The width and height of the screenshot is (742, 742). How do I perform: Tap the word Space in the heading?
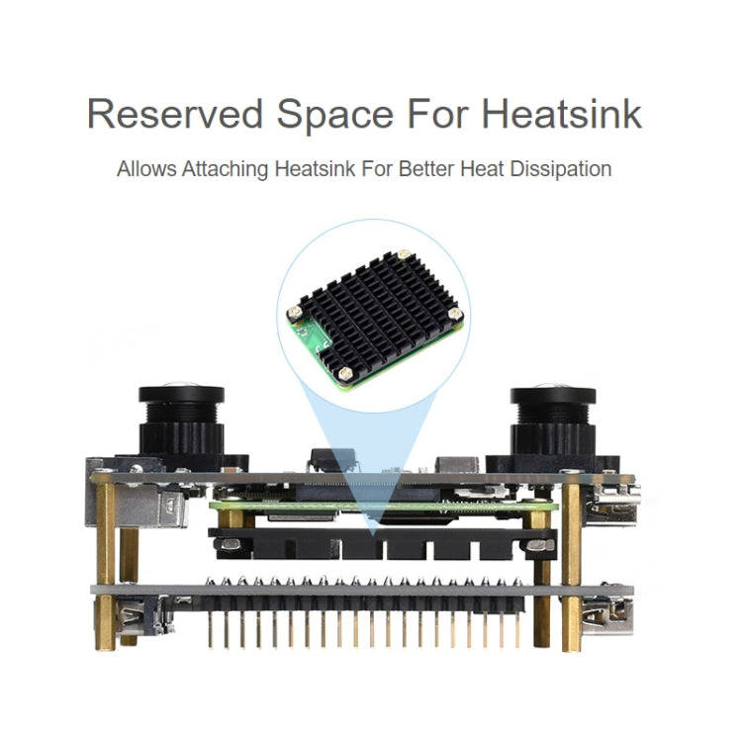pos(334,114)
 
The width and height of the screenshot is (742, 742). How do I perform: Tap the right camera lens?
pos(552,421)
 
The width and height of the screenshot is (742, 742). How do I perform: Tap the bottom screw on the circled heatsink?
pos(344,374)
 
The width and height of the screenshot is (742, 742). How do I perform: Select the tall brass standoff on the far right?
pos(571,564)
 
